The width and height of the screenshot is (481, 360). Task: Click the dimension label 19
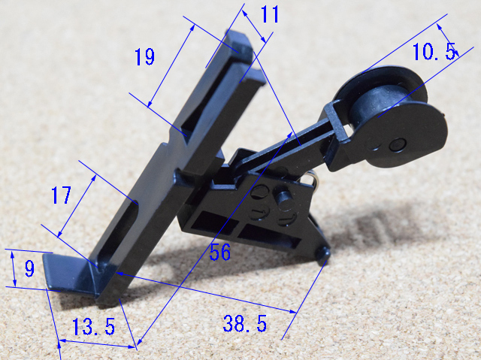(x=145, y=56)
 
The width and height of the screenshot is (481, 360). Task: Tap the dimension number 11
(x=270, y=14)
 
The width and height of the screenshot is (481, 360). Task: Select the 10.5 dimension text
(x=434, y=52)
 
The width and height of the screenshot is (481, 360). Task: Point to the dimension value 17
(x=62, y=195)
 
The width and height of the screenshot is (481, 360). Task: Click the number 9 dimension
(x=29, y=268)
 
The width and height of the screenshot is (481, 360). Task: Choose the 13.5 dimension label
(x=93, y=326)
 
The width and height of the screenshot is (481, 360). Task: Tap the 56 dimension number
(x=220, y=252)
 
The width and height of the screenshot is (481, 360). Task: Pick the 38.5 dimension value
(x=245, y=323)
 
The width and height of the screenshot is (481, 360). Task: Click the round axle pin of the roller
(x=398, y=144)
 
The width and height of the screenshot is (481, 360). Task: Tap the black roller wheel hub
(x=379, y=104)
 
